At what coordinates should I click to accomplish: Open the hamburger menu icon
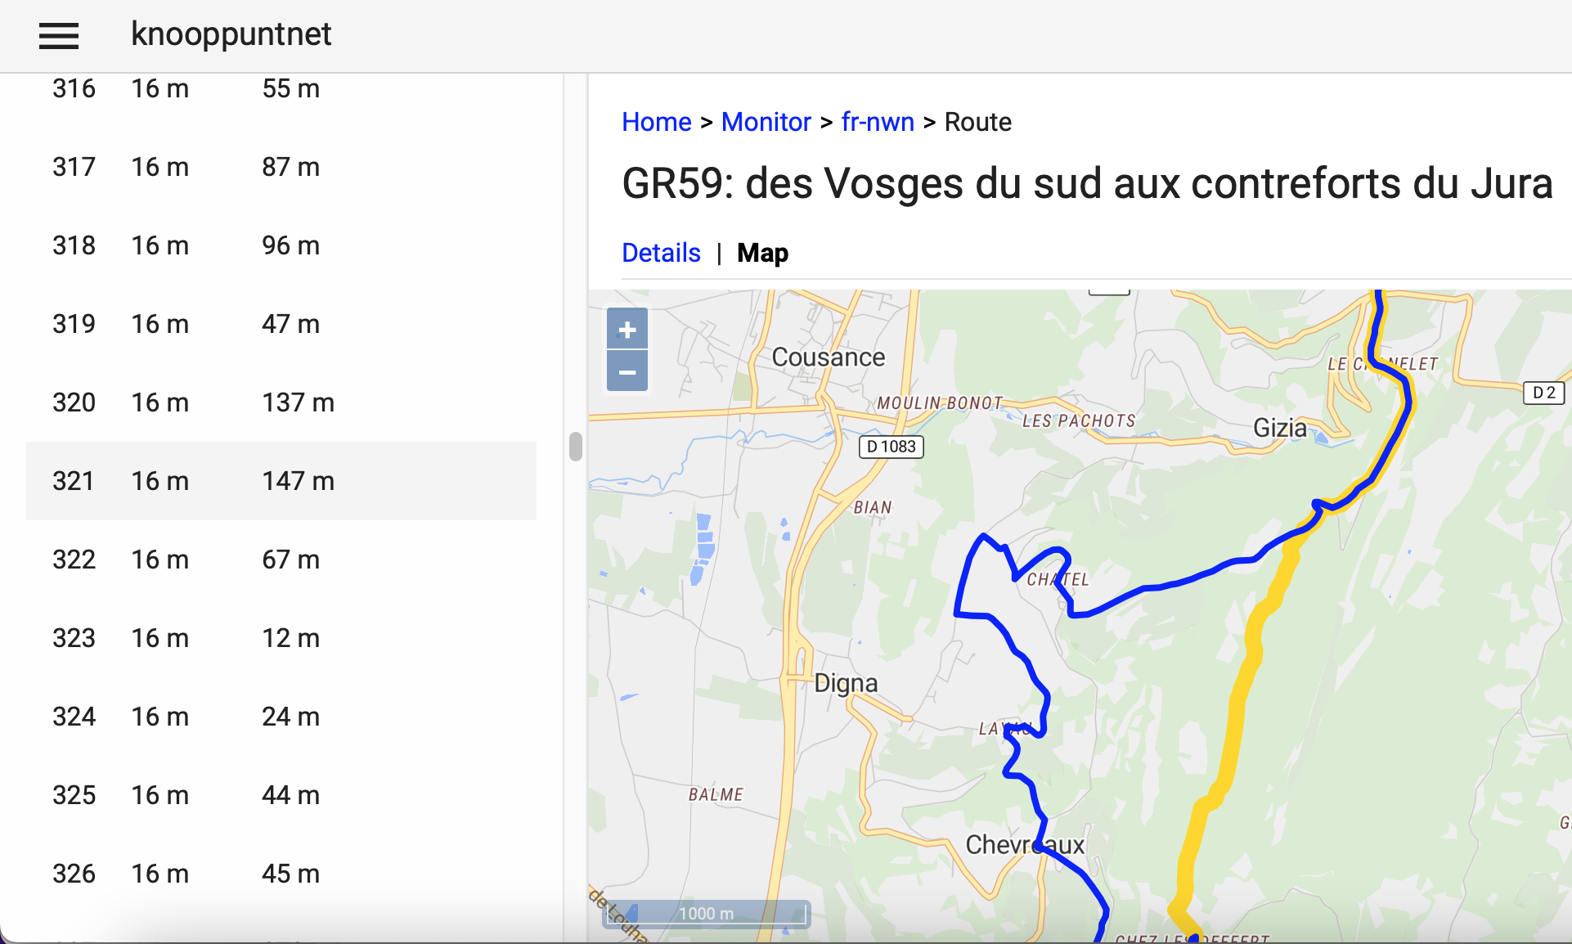(x=59, y=35)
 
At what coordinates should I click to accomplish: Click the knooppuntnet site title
(x=231, y=34)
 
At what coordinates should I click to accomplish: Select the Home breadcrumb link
(x=656, y=122)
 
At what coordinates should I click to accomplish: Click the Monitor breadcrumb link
(x=766, y=122)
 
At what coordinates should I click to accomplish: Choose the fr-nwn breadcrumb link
(x=878, y=122)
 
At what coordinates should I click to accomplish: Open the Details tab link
(x=661, y=253)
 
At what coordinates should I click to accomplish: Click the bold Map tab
(x=762, y=253)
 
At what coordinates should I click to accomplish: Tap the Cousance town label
(x=828, y=357)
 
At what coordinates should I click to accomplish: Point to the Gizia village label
(x=1279, y=428)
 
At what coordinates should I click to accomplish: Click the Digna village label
(x=846, y=683)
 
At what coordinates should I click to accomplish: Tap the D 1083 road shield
(x=891, y=447)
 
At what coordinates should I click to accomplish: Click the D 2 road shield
(x=1543, y=393)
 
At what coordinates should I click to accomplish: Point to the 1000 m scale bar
(x=707, y=914)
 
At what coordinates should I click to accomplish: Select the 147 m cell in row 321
(x=298, y=481)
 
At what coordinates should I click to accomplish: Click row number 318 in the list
(x=74, y=245)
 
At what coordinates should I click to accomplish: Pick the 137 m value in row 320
(x=298, y=402)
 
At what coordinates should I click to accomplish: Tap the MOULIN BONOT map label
(x=939, y=403)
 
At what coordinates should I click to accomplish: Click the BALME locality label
(x=716, y=794)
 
